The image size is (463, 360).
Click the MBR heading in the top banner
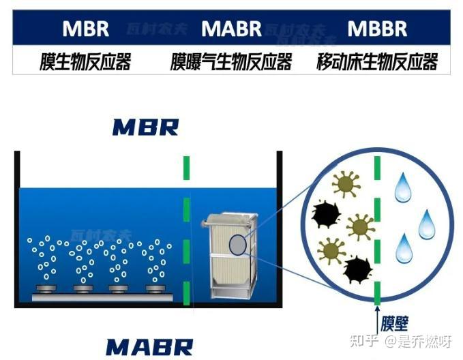tap(85, 29)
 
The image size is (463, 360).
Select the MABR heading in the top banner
tap(231, 29)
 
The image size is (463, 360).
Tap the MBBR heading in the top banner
tap(377, 29)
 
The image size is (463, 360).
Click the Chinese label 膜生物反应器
tap(85, 63)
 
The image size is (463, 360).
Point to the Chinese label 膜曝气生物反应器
tap(231, 63)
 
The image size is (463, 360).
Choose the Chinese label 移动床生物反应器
tap(377, 63)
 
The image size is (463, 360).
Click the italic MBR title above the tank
tap(145, 127)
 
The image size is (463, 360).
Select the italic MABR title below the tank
tap(149, 346)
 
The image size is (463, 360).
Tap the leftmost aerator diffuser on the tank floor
tap(46, 289)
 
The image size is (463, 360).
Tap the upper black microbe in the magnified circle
tap(326, 215)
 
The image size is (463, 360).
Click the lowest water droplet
tap(404, 247)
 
